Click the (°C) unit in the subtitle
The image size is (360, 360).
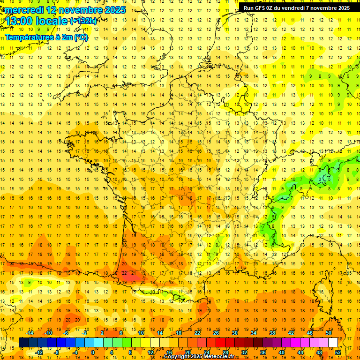click(x=80, y=37)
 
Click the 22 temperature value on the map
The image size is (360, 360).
click(x=124, y=273)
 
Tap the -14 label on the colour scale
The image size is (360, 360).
click(x=30, y=333)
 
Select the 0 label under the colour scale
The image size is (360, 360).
click(x=92, y=352)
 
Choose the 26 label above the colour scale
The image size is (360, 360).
click(x=216, y=333)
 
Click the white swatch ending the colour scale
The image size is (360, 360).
click(x=333, y=343)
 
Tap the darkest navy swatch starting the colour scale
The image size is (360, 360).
click(x=23, y=343)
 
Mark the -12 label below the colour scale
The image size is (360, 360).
click(x=39, y=352)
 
